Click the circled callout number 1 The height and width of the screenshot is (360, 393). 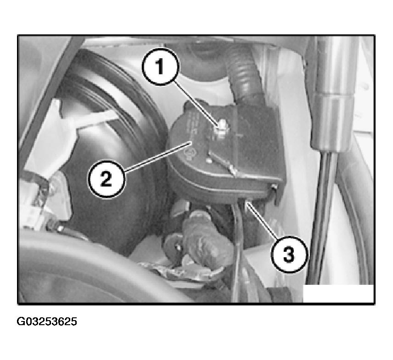[x=161, y=66]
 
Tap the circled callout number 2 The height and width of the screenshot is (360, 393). [x=106, y=179]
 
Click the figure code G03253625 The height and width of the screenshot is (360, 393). [x=47, y=321]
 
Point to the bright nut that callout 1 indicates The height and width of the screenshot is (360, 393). [x=222, y=127]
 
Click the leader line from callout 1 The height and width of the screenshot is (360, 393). [x=196, y=103]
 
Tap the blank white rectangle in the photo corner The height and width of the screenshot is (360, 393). [x=338, y=293]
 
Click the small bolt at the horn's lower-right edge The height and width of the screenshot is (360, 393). [x=274, y=186]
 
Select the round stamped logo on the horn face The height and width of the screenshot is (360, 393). [x=190, y=152]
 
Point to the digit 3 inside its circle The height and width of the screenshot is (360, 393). [x=289, y=255]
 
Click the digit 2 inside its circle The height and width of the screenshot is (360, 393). [x=106, y=179]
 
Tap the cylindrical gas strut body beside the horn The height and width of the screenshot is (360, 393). [x=333, y=95]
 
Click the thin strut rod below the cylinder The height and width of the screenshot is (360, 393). [x=323, y=218]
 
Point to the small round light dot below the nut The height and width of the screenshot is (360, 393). [x=208, y=160]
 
